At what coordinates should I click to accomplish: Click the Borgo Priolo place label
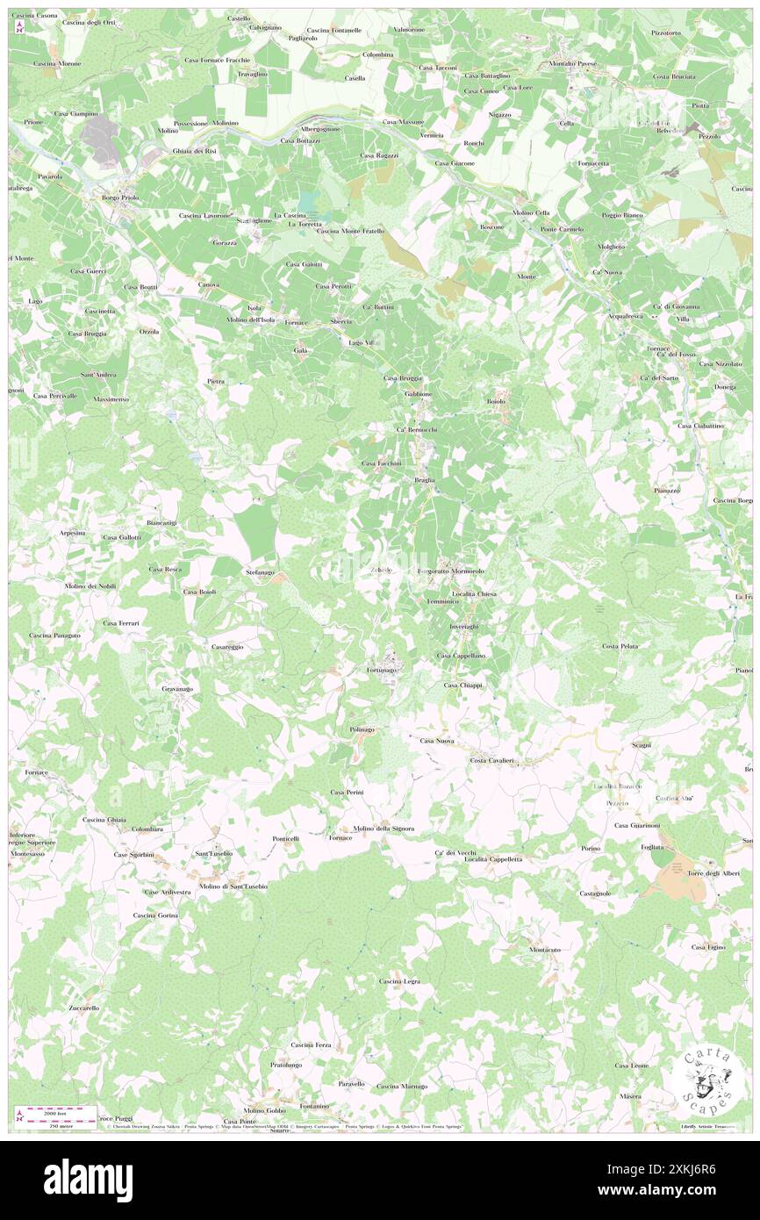(x=118, y=197)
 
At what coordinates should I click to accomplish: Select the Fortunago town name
(x=383, y=670)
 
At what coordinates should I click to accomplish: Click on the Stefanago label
(x=260, y=572)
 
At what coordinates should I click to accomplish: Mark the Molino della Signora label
(x=384, y=829)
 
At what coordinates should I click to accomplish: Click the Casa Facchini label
(x=382, y=463)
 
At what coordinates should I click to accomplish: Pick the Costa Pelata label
(x=620, y=646)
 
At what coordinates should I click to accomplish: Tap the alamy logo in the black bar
(x=88, y=1180)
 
